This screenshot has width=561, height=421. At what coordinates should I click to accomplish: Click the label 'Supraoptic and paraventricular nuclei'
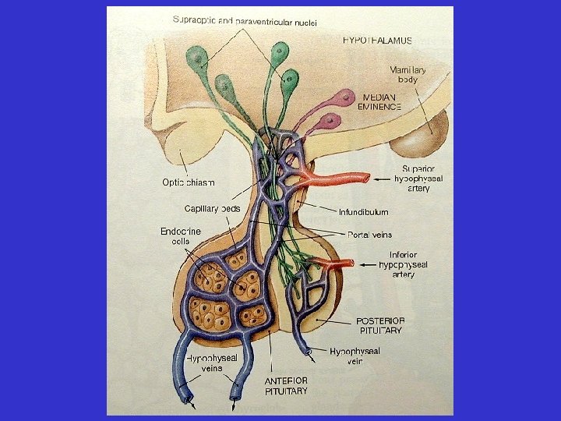coord(245,20)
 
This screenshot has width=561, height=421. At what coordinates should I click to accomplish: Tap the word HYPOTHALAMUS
coord(378,40)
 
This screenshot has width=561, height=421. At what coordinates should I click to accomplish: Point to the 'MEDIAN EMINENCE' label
coord(380,101)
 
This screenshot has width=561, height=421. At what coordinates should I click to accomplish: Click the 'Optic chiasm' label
coord(188,182)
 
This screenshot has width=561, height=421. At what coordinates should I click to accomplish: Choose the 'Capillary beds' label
coord(211,208)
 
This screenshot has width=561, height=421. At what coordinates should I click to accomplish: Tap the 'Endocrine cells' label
coord(180,236)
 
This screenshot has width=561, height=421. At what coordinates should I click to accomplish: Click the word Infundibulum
coord(363,212)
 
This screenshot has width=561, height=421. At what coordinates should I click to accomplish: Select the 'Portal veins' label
coord(369,235)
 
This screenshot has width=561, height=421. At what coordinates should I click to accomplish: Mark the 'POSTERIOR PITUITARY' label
coord(379,325)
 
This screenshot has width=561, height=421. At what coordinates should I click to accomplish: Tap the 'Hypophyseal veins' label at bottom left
coord(211,363)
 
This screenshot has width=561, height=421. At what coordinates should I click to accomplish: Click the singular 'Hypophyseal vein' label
coord(355,356)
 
